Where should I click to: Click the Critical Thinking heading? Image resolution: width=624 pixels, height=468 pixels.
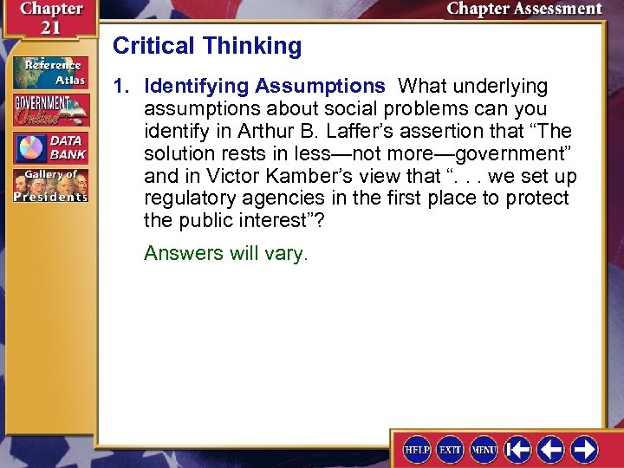point(207,46)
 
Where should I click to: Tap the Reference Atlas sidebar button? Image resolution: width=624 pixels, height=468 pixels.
point(49,72)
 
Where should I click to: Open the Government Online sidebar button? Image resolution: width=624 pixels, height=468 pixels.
point(49,110)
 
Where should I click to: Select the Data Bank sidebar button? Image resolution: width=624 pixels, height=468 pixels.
point(49,147)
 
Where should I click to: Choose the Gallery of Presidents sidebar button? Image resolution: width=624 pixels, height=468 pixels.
point(49,186)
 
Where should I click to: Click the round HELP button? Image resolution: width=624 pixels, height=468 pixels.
point(417,449)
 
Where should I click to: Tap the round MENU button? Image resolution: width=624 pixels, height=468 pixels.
point(483,449)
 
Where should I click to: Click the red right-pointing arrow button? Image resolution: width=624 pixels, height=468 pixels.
point(584,449)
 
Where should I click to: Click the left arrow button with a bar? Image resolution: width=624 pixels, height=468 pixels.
point(518,449)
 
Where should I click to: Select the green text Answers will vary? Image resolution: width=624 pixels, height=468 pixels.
point(225,254)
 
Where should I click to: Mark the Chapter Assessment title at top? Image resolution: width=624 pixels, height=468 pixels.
point(523,9)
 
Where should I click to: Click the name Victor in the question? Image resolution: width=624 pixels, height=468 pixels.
point(233,176)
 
